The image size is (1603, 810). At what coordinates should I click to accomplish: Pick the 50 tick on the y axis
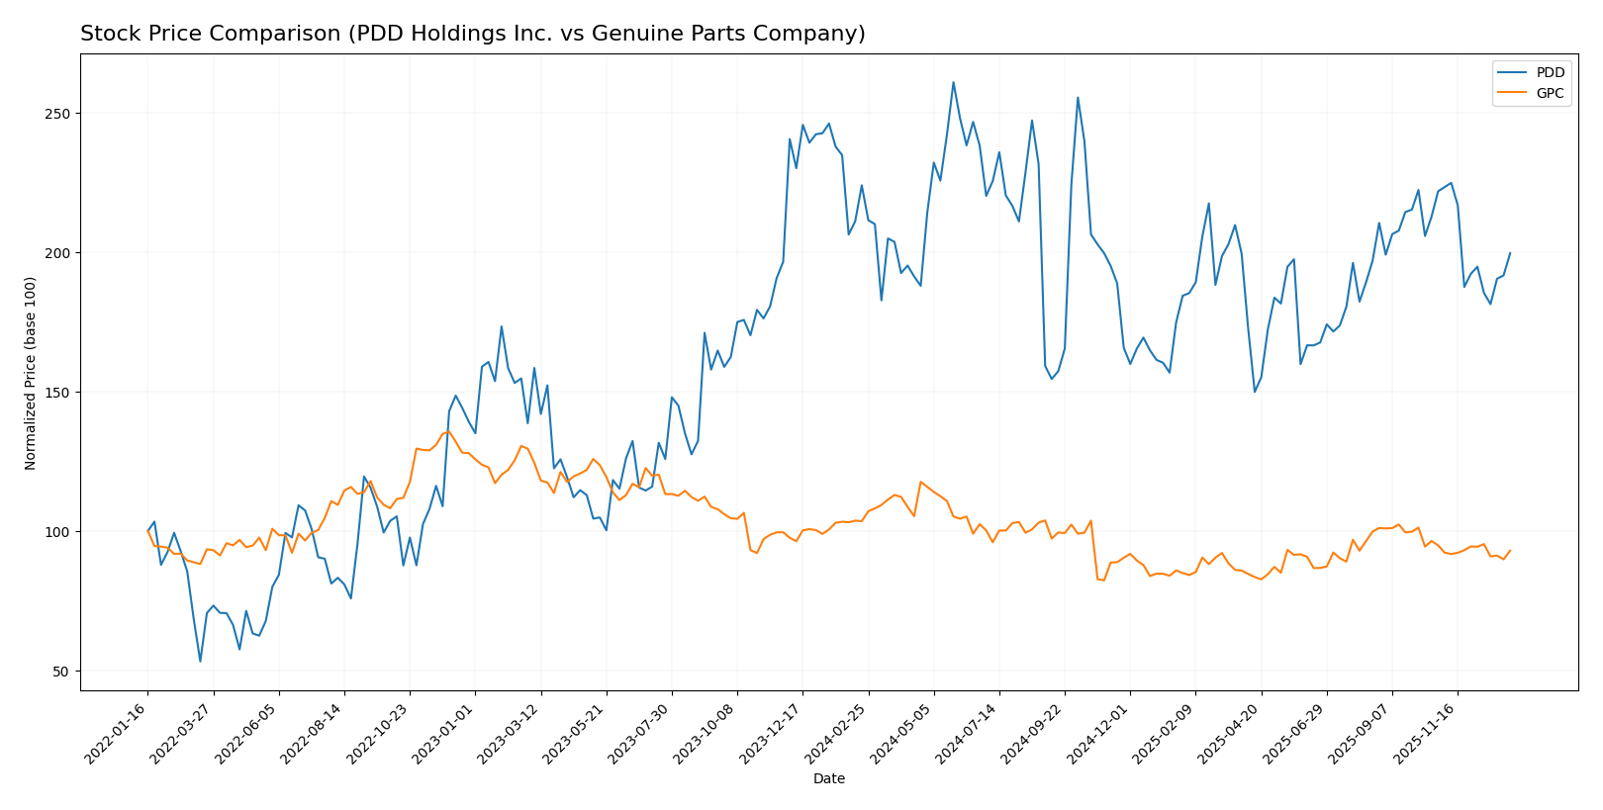click(x=61, y=672)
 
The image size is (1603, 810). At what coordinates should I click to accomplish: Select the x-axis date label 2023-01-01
click(x=445, y=732)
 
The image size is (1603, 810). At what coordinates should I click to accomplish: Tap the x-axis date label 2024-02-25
click(x=838, y=732)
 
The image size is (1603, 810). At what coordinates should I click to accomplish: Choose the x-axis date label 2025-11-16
click(x=1428, y=732)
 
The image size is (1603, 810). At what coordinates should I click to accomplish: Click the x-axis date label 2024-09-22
click(x=1035, y=732)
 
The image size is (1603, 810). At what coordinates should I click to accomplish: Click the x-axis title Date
click(x=828, y=779)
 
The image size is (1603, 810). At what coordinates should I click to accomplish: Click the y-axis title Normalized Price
click(x=31, y=373)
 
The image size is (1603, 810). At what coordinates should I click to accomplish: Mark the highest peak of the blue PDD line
click(x=953, y=82)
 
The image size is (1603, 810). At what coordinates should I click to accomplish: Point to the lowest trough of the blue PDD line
click(x=200, y=662)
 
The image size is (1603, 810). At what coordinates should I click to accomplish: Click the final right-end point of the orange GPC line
click(x=1510, y=551)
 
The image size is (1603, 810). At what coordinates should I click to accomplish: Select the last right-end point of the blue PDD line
click(x=1510, y=253)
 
